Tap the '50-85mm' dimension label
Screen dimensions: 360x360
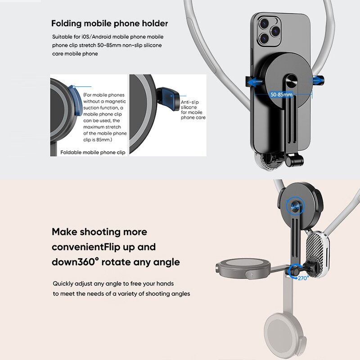[281, 94]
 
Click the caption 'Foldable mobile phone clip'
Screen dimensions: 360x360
[93, 152]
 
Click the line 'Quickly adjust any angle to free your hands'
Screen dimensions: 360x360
[113, 283]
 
